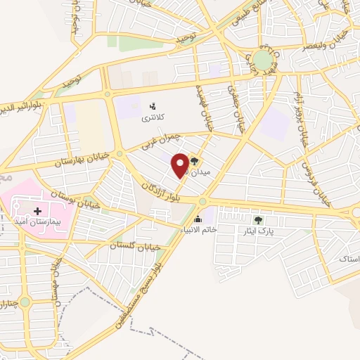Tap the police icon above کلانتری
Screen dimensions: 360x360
pos(152,106)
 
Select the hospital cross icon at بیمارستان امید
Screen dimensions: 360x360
pos(37,210)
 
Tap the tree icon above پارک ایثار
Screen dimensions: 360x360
pos(257,219)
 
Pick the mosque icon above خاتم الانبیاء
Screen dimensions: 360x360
pos(198,219)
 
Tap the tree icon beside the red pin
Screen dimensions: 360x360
pos(194,161)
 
